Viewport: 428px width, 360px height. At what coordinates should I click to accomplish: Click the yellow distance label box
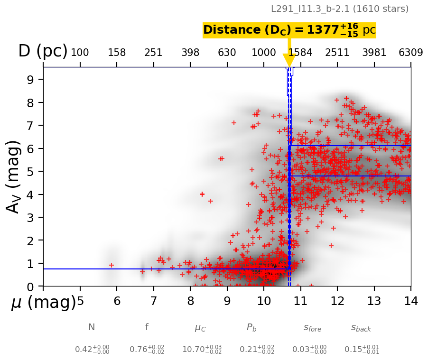point(289,30)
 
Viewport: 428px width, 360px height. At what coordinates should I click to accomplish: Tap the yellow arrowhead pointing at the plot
point(289,60)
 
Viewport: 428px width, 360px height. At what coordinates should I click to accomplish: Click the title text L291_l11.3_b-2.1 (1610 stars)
point(340,9)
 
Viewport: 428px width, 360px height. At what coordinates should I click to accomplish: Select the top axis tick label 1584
point(300,53)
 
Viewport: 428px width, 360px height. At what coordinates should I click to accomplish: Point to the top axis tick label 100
point(80,53)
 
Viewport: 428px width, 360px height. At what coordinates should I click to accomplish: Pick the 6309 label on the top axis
point(411,53)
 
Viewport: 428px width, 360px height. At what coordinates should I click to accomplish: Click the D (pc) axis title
point(43,51)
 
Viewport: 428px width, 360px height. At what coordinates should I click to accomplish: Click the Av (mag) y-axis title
point(15,176)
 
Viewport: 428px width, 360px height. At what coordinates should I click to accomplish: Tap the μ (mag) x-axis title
point(43,302)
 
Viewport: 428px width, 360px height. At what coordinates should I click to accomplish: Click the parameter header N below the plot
point(92,327)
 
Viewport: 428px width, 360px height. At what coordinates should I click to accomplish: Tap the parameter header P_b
point(251,327)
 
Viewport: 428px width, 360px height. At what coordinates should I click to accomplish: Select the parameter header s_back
point(361,327)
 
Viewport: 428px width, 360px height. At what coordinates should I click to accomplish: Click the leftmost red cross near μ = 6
point(112,265)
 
